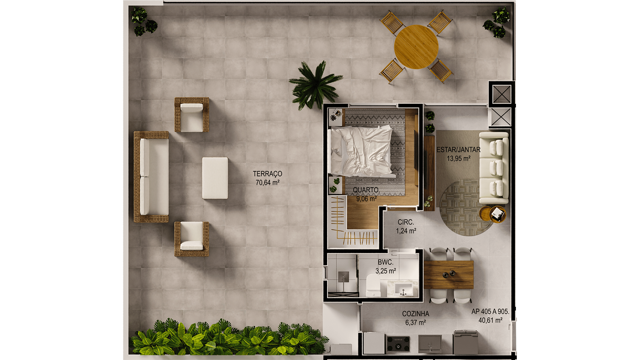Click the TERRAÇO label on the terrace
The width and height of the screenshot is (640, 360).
[267, 174]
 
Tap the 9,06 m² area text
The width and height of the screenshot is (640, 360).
[366, 199]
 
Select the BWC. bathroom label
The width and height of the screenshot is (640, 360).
[385, 262]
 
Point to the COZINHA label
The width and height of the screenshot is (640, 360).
[415, 314]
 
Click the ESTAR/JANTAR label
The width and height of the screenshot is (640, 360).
[458, 150]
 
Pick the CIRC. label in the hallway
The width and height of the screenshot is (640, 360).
[406, 222]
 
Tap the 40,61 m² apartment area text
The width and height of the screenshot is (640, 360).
[490, 320]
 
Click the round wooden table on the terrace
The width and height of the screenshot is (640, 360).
[416, 47]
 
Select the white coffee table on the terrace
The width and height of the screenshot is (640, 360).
[215, 178]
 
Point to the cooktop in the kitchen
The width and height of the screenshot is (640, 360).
[398, 343]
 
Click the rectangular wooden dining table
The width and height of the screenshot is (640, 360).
[449, 275]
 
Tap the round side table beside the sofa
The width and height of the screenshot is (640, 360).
[492, 214]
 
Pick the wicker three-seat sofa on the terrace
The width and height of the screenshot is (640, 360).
[151, 177]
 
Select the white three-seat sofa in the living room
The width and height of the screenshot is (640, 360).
[494, 168]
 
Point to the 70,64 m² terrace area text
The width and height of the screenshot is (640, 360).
[267, 183]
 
